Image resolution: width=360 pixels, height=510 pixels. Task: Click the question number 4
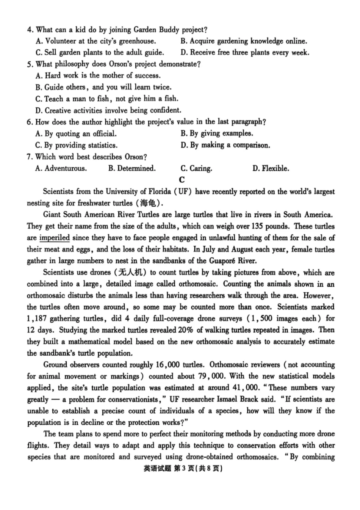click(x=30, y=30)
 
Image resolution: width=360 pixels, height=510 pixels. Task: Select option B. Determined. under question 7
click(x=131, y=168)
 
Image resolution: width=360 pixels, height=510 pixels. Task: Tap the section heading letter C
click(x=182, y=180)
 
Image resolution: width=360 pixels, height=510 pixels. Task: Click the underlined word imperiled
click(x=55, y=238)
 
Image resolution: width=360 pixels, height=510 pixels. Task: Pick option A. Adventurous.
click(x=61, y=168)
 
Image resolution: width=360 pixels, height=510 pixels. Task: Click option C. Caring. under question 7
click(x=196, y=168)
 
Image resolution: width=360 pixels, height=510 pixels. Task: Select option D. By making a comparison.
click(x=225, y=145)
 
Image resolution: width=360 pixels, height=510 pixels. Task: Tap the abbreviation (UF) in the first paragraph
click(x=183, y=191)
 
